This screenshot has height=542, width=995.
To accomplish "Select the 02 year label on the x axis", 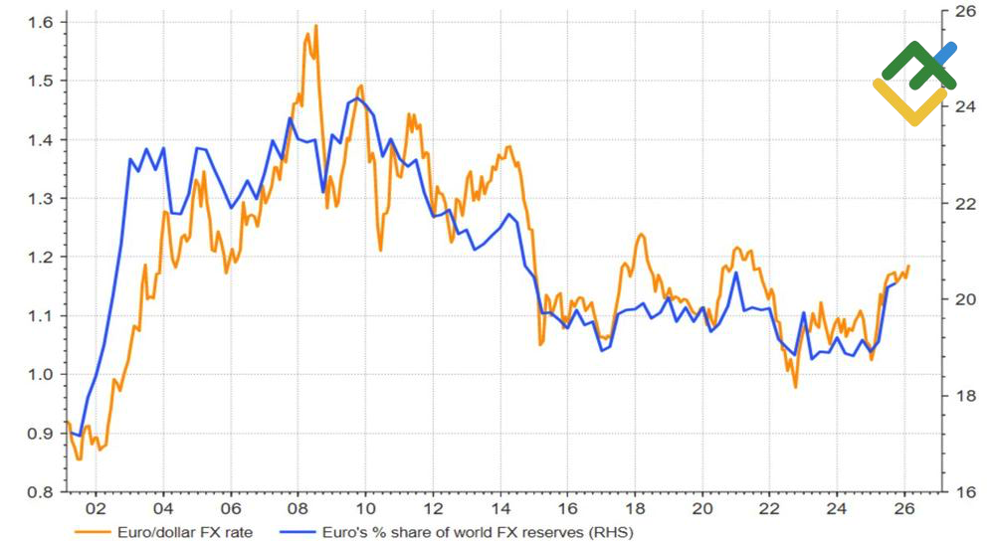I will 96,505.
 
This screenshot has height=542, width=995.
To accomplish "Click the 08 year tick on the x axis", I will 298,505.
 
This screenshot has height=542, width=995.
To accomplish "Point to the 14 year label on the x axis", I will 499,505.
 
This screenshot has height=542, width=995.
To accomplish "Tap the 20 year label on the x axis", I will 701,505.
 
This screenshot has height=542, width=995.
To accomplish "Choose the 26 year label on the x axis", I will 903,505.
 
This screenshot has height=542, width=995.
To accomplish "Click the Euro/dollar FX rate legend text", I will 185,532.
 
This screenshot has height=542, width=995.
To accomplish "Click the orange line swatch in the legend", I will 94,532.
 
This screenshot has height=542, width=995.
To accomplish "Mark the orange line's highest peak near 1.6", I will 315,26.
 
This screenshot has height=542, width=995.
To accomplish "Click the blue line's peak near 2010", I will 357,97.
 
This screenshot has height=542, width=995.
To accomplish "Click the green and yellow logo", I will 915,84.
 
